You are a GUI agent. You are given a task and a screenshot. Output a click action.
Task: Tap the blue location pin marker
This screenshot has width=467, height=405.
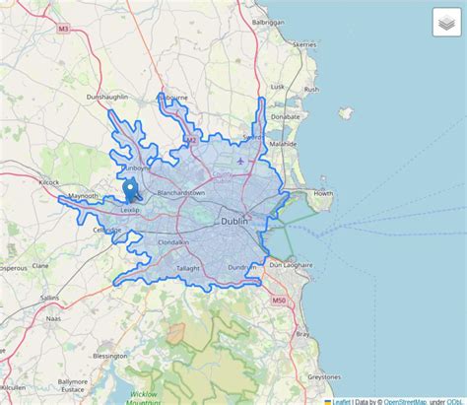[129, 190]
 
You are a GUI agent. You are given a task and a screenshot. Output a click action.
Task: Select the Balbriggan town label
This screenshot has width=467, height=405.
[268, 21]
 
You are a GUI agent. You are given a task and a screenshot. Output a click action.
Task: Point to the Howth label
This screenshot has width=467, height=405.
[322, 194]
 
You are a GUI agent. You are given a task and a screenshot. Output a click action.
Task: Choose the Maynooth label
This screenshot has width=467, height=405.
[83, 196]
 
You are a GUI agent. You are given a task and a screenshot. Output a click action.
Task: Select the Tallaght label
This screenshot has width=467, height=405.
[187, 268]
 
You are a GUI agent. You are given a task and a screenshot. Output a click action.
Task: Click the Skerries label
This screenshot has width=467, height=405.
[304, 44]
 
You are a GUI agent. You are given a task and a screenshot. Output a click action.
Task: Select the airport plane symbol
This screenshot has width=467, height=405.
[240, 161]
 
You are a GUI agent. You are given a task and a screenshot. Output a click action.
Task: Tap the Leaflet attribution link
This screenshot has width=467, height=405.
[341, 401]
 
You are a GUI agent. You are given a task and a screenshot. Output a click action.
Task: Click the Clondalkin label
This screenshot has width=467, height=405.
[172, 242]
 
